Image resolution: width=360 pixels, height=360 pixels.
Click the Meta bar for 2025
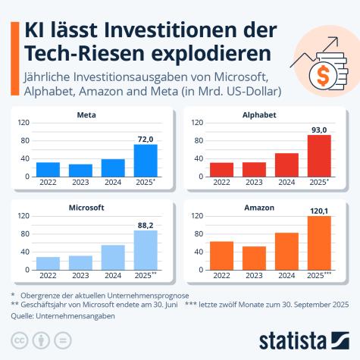[146, 161]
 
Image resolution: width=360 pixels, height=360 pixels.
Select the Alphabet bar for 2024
[286, 165]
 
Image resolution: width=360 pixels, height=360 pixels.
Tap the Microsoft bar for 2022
[48, 264]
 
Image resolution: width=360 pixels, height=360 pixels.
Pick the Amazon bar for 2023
[254, 258]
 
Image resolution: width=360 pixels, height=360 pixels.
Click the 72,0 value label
[145, 138]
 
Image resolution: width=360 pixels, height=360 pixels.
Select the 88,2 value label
[145, 224]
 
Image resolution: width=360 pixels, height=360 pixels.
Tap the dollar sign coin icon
[321, 75]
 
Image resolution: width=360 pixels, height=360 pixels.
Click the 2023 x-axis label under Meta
[80, 183]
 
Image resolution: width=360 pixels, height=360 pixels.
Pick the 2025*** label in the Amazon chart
[322, 276]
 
